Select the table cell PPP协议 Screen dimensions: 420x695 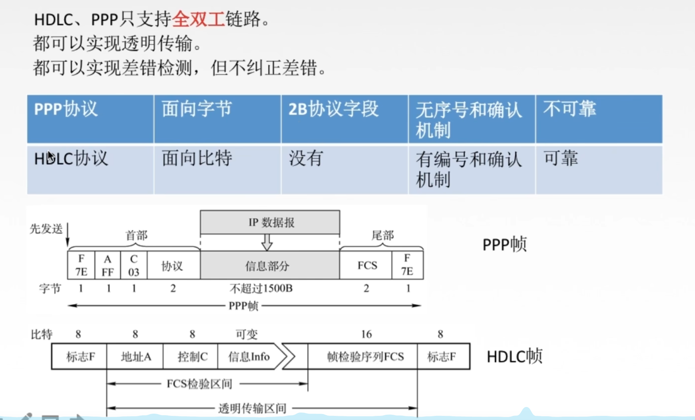(90, 119)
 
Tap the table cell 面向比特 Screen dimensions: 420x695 (217, 169)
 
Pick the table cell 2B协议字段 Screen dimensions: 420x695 (344, 119)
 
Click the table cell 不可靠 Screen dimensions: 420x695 (599, 119)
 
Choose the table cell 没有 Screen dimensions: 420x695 (344, 169)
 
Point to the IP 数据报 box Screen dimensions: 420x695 (270, 222)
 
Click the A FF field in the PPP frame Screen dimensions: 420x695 (108, 265)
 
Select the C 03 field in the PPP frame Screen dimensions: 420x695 (134, 265)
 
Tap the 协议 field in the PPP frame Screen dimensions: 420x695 (173, 266)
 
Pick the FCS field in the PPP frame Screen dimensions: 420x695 (367, 265)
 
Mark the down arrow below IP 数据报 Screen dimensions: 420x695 (267, 243)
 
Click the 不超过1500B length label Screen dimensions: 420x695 (261, 288)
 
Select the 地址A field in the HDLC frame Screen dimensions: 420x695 (135, 357)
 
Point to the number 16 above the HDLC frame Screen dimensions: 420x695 (366, 334)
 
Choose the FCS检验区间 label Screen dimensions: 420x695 (199, 384)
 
